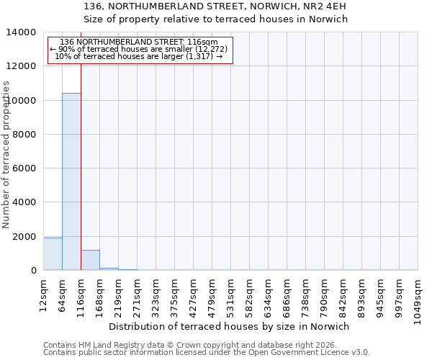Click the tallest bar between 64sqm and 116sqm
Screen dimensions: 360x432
[x=71, y=181]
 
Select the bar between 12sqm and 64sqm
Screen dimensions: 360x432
[x=53, y=254]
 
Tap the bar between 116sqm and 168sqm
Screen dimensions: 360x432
[x=90, y=260]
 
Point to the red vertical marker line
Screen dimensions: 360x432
[x=81, y=166]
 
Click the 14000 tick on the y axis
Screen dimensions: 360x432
[x=22, y=32]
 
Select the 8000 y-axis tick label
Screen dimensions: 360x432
[x=25, y=135]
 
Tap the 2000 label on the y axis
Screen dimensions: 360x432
[x=25, y=237]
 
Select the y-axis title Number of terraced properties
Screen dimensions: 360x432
[x=6, y=154]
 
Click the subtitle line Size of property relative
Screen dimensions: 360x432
[x=215, y=19]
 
